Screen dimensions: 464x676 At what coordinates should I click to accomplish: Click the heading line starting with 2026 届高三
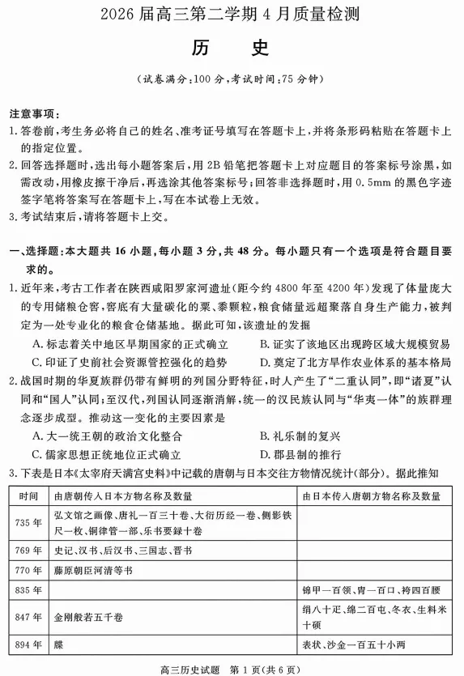point(232,15)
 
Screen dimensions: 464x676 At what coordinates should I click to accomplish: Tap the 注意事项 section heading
point(33,112)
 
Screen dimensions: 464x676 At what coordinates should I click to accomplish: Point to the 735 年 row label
point(28,522)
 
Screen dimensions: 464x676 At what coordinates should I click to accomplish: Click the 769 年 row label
point(28,551)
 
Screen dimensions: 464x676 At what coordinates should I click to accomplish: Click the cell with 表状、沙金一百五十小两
point(353,645)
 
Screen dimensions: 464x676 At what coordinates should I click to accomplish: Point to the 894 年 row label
point(28,645)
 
